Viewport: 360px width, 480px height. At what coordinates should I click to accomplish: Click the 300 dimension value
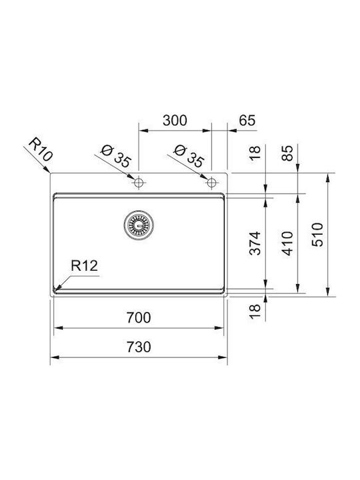click(x=175, y=120)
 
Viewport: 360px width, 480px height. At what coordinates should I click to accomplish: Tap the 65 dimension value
click(x=247, y=120)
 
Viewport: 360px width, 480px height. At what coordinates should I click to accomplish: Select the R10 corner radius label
click(x=41, y=149)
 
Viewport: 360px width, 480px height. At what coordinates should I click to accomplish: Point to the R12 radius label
click(x=84, y=265)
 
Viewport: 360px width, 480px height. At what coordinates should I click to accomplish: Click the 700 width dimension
click(x=139, y=317)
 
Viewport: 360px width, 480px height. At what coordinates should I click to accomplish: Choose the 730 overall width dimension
click(x=139, y=347)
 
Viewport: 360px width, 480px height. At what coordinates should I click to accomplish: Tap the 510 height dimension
click(x=317, y=235)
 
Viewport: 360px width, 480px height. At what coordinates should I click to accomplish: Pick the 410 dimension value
click(x=287, y=243)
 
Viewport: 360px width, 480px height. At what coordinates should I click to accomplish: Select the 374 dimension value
click(x=255, y=243)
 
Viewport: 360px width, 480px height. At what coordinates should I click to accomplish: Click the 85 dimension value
click(x=287, y=153)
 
